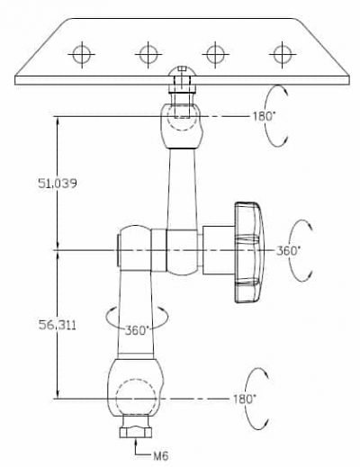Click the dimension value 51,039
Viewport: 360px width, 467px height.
(58, 184)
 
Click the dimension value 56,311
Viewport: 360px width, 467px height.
(58, 325)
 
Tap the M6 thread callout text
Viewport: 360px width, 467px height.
(161, 456)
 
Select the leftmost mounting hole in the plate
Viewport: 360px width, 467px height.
(82, 55)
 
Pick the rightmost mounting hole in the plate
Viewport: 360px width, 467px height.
(283, 55)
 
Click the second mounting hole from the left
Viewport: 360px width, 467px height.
(148, 55)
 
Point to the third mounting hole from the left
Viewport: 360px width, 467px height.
(215, 55)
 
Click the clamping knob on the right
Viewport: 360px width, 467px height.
(249, 253)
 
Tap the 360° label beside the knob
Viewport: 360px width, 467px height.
(288, 251)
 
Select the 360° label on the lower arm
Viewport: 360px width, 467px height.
(137, 330)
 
